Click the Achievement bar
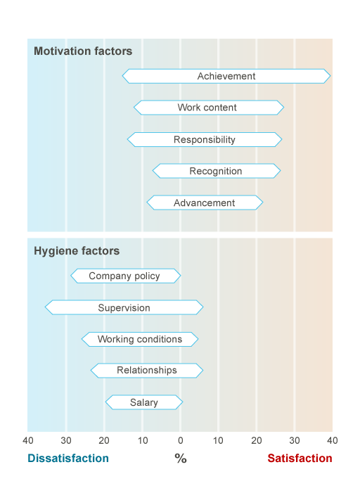pos(226,76)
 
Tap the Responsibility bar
pos(205,139)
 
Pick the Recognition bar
pos(216,171)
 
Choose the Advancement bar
pos(205,203)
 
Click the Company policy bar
pos(125,276)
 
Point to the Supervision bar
pos(124,307)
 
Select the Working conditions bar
pos(139,339)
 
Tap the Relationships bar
pos(146,370)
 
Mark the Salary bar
pos(143,402)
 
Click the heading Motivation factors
pos(83,51)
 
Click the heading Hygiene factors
pos(77,251)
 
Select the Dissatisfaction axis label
pos(68,459)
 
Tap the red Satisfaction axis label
pos(300,459)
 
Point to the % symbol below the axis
pos(180,459)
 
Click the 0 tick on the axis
pos(180,440)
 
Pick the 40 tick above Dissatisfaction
pos(28,440)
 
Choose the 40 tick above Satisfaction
pos(332,440)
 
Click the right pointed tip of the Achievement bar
pos(329,76)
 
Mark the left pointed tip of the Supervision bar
pos(46,307)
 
